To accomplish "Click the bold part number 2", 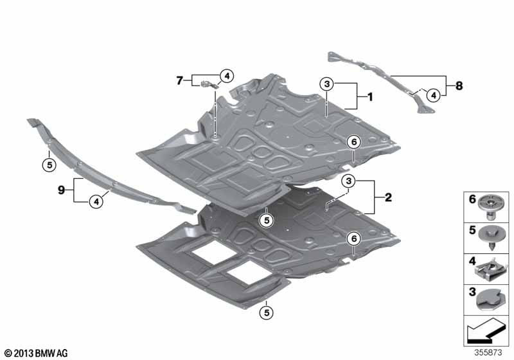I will [x=387, y=198].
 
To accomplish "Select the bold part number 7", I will [x=179, y=80].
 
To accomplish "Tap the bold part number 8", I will [x=459, y=85].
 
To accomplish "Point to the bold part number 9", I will [x=62, y=190].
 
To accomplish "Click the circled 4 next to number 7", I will [x=226, y=76].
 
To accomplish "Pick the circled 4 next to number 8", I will [x=434, y=95].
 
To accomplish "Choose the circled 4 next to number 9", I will [x=95, y=202].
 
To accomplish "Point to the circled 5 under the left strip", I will [x=48, y=164].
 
